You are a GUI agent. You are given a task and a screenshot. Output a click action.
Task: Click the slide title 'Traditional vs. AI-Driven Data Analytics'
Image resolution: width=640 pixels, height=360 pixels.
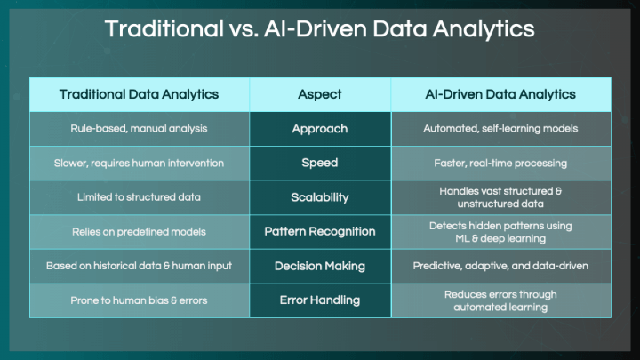320,29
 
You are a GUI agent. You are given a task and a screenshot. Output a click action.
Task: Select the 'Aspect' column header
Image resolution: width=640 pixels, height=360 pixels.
320,94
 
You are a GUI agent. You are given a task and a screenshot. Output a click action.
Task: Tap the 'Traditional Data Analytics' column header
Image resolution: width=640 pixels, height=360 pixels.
139,94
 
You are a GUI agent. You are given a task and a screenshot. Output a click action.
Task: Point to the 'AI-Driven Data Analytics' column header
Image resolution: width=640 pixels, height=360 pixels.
500,94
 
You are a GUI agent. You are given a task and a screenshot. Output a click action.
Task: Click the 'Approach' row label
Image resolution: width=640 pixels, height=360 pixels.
320,129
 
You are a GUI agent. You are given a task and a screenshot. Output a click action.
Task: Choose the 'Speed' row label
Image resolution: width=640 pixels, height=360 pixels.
320,163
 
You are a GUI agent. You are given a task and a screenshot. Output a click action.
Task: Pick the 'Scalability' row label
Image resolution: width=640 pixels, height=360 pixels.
320,197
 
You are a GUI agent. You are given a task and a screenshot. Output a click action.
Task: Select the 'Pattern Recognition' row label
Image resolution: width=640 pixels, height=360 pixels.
320,231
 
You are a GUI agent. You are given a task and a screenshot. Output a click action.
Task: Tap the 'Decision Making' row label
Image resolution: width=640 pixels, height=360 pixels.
320,266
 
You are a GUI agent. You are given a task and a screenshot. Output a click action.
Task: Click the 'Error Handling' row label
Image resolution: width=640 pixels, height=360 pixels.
320,300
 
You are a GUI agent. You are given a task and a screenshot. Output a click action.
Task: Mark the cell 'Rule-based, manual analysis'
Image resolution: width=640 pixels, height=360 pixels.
139,129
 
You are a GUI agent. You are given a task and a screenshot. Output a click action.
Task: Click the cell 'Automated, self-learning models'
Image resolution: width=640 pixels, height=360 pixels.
500,129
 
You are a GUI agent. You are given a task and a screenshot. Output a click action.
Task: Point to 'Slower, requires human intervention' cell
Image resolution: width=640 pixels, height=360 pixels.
139,164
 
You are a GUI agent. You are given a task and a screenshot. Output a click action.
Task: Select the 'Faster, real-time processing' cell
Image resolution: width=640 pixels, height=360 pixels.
500,164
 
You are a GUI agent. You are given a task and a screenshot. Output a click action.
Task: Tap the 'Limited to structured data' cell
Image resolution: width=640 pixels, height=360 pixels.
139,197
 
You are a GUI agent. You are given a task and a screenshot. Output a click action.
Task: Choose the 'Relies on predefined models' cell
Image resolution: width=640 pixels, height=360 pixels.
139,232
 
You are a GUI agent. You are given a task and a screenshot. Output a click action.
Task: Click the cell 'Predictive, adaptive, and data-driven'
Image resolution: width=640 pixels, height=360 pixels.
500,266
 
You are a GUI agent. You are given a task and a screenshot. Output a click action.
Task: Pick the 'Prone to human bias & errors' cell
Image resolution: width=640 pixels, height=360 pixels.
139,300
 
